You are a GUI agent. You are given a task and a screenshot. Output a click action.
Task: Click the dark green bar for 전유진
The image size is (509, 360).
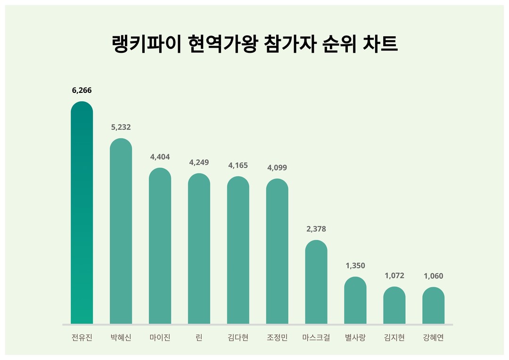(82, 212)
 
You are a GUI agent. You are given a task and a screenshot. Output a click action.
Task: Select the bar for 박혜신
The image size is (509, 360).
(121, 231)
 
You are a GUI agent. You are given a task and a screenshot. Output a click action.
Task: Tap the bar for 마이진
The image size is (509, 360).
(160, 245)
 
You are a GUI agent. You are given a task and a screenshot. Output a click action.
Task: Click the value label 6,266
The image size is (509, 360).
(82, 90)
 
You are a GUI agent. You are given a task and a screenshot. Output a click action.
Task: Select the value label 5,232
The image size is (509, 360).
(121, 127)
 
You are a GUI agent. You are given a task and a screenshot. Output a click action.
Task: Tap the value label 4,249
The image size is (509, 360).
(199, 163)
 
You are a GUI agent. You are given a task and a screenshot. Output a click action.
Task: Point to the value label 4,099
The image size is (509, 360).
(277, 168)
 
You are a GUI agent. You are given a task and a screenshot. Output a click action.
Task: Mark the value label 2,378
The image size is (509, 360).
(316, 229)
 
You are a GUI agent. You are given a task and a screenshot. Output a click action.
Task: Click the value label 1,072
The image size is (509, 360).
(394, 276)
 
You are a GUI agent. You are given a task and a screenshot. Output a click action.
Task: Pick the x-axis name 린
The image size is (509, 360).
(199, 338)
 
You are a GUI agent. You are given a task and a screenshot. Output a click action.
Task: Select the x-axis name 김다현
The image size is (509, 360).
(238, 338)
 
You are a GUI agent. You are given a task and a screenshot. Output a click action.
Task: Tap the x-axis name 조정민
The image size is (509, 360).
(277, 338)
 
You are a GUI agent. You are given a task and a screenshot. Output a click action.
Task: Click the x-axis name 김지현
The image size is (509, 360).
(394, 338)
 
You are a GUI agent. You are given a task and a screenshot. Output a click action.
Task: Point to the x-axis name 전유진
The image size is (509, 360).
(82, 338)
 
